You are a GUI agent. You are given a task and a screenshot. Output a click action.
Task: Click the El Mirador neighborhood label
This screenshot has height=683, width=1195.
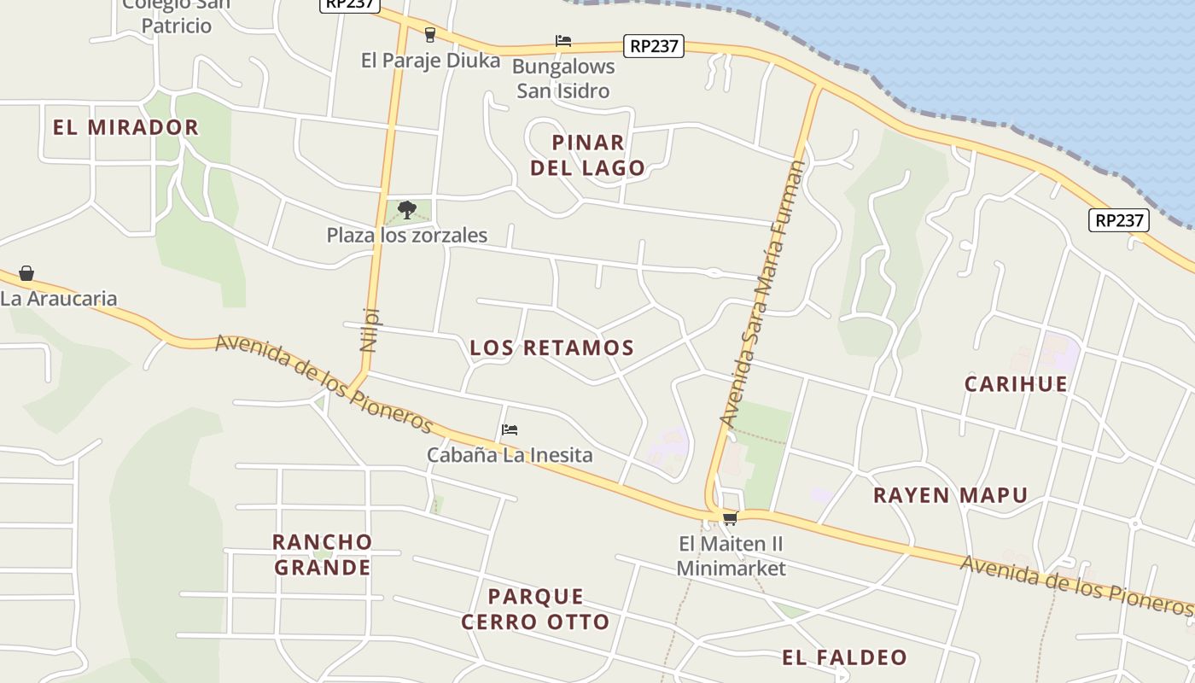125,128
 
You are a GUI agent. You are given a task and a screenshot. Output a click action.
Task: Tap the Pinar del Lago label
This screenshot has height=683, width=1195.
587,155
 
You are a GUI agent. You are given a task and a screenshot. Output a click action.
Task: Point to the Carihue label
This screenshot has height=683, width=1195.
1016,384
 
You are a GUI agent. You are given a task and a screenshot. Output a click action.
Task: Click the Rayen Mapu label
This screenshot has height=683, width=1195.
950,496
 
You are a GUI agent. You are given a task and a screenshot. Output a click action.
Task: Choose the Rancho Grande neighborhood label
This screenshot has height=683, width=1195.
322,555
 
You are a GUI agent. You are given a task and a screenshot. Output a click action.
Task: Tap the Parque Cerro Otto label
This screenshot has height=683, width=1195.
535,609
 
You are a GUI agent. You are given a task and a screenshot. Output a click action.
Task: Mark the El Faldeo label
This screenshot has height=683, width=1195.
844,657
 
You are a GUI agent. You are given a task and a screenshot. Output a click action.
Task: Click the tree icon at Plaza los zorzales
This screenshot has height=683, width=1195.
407,209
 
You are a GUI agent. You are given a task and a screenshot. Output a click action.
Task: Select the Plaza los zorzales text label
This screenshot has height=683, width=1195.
406,236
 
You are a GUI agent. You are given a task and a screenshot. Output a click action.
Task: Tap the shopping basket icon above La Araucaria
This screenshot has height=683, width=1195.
26,273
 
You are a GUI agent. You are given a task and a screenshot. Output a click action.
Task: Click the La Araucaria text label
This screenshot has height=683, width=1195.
58,299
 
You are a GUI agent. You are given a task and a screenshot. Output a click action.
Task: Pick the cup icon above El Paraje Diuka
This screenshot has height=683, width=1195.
430,35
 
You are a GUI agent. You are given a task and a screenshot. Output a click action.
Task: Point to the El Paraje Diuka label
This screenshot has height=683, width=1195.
430,61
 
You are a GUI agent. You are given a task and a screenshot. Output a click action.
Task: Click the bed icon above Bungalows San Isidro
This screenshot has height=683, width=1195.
563,40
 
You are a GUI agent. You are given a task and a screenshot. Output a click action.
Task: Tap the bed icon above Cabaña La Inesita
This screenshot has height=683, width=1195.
510,429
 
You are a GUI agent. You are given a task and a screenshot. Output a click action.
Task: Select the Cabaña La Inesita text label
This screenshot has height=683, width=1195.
510,455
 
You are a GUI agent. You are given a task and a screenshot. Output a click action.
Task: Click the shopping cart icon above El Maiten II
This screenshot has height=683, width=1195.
730,518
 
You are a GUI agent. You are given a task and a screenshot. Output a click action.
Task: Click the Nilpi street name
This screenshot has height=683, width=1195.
370,329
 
